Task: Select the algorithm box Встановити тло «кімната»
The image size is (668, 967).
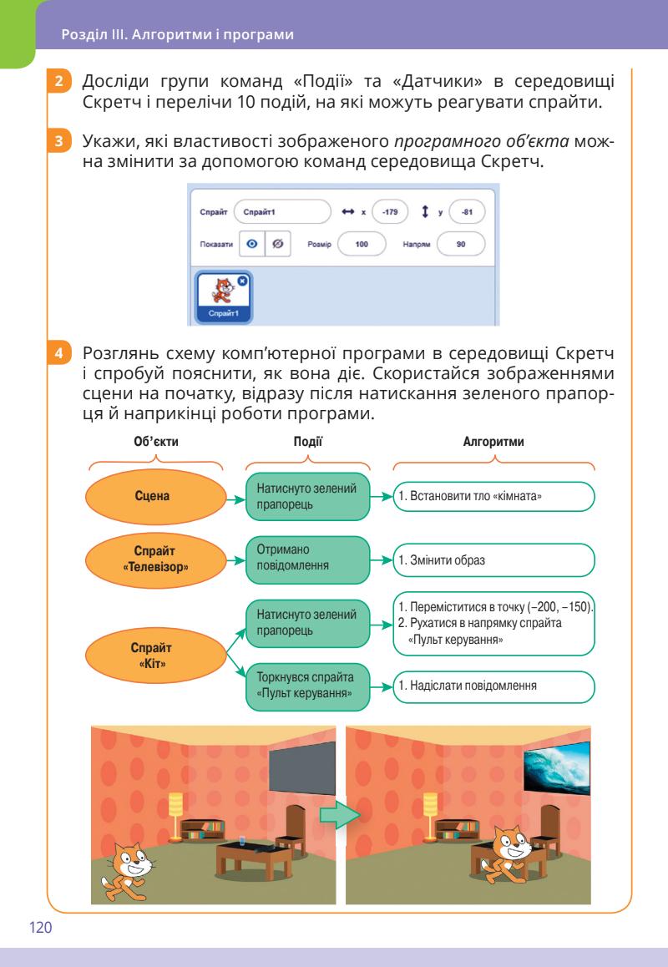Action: click(x=493, y=496)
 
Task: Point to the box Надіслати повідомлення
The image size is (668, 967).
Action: click(x=493, y=686)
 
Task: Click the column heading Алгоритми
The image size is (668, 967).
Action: click(x=493, y=442)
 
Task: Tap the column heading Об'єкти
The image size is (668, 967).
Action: click(x=156, y=442)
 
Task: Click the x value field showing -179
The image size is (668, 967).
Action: click(x=390, y=212)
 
